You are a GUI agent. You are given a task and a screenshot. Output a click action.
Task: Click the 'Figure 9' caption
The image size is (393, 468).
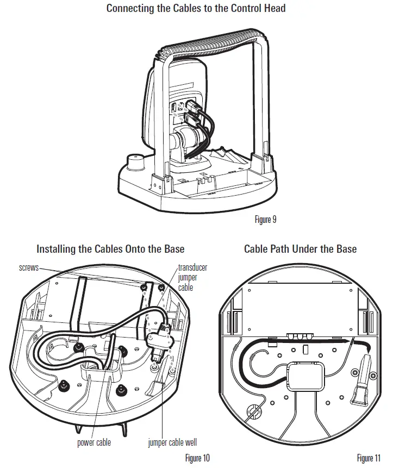coord(265,220)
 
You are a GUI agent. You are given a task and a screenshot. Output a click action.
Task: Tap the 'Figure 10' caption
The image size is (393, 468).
coord(197,458)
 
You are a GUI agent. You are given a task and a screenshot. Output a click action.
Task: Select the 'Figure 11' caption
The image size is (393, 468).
coord(369,458)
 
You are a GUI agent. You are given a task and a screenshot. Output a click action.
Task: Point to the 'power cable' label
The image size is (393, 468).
coord(93,442)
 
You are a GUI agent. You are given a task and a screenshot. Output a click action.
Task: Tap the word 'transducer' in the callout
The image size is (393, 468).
coord(193,268)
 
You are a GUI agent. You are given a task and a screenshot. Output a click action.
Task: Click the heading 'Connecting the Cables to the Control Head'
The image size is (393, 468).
coord(196,8)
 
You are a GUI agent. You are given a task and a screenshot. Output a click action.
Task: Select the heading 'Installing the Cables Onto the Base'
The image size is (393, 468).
coord(110,249)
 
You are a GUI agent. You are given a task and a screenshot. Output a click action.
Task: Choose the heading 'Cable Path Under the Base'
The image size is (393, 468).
coord(300,249)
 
